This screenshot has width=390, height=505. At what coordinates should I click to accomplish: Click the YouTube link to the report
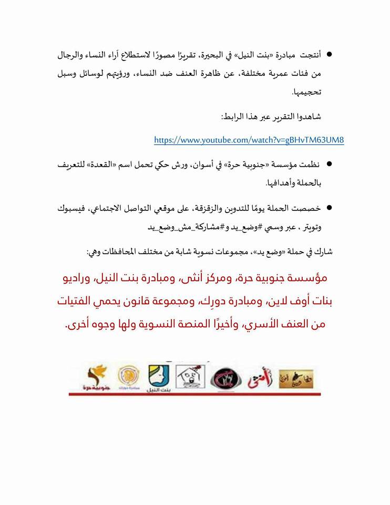249,140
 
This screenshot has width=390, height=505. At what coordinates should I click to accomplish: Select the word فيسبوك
72,209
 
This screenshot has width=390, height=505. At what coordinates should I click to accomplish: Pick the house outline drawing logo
189,377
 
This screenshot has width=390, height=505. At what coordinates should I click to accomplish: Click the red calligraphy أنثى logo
260,378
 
